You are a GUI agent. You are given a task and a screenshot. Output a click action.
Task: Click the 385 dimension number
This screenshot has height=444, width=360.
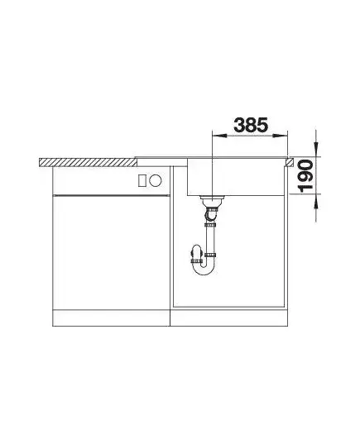251,126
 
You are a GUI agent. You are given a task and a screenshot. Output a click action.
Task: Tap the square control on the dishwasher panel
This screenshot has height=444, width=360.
142,180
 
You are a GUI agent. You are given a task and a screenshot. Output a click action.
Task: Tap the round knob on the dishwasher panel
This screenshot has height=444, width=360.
156,180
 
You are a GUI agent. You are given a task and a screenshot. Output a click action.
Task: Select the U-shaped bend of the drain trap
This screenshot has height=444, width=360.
203,269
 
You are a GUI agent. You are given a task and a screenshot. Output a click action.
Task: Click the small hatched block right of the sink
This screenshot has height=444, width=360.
290,162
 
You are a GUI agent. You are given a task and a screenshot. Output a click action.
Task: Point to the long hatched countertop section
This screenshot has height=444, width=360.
89,162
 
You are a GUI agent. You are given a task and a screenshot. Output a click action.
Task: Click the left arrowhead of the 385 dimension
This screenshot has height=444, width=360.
219,136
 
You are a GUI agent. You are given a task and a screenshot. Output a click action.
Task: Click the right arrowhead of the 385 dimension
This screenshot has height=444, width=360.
280,136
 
